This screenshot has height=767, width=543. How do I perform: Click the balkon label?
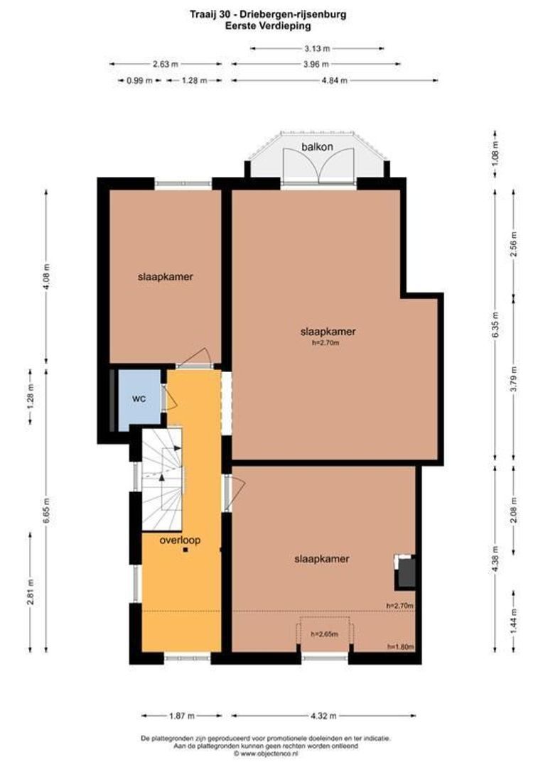(x=317, y=147)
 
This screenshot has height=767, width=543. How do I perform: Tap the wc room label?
(x=139, y=398)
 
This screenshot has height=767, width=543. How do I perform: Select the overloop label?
(x=180, y=540)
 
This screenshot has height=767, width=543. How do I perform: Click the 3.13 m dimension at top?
(x=317, y=48)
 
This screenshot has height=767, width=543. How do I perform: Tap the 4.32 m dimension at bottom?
(x=324, y=716)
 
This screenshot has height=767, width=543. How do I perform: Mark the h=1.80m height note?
(x=400, y=647)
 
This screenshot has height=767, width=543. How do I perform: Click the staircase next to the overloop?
(x=162, y=477)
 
